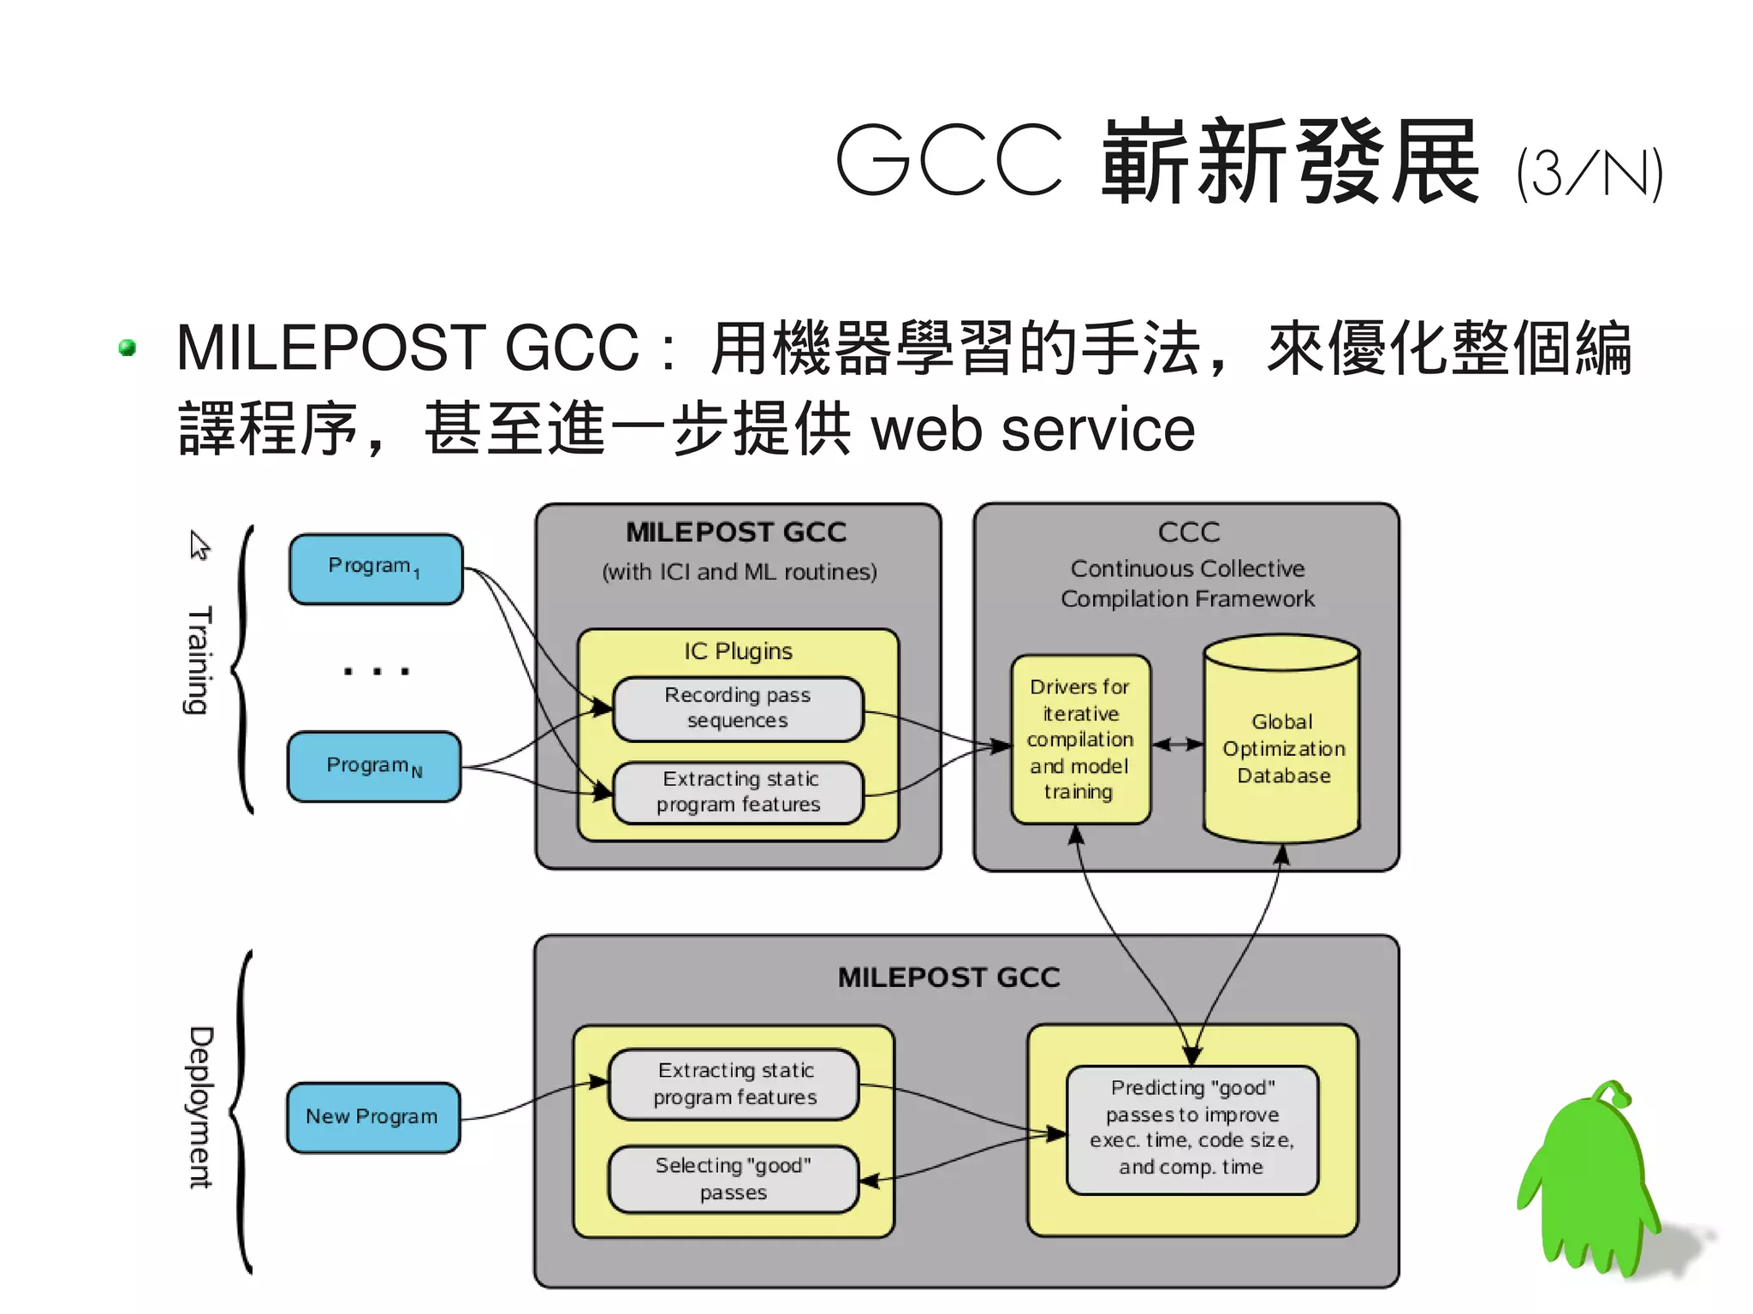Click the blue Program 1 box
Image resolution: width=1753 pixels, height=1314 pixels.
(376, 568)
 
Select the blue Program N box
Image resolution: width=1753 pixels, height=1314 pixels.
(374, 766)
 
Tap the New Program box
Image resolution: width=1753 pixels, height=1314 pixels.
(372, 1117)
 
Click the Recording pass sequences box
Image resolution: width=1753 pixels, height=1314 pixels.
(738, 708)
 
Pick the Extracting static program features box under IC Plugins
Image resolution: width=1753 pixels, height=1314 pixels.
(738, 792)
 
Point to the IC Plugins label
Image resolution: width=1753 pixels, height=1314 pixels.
(738, 651)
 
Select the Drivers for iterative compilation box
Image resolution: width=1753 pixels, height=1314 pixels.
(1080, 740)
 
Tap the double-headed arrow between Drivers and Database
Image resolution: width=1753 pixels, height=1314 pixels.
(1178, 745)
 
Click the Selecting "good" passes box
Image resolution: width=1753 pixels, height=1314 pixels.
(734, 1179)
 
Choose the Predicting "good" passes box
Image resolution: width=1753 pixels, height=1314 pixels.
(1191, 1128)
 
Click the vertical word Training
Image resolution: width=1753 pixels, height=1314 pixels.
(199, 661)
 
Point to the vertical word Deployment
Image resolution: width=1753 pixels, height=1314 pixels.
(200, 1108)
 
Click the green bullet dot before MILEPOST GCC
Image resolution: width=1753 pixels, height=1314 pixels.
(128, 348)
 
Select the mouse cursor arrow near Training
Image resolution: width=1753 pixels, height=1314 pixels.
(199, 544)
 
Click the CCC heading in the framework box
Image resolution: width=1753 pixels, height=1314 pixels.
(1188, 532)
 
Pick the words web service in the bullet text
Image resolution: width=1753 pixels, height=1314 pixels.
(1032, 430)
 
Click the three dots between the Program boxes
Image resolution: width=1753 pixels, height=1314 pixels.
(376, 671)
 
